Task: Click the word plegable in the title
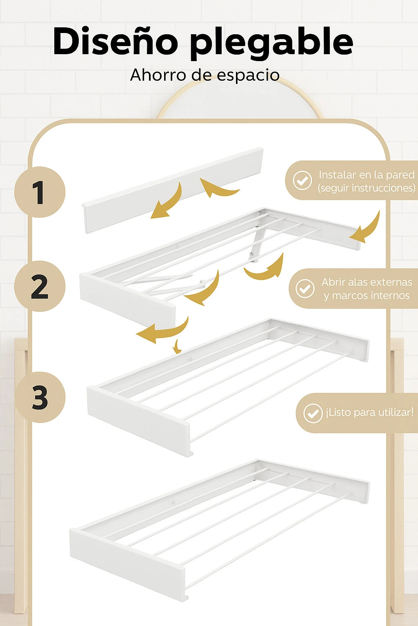pos(271,43)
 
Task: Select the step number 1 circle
pos(40,192)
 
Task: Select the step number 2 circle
pos(40,286)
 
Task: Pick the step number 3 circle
pos(40,397)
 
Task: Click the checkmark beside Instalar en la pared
pos(302,180)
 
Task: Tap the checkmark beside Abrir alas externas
pos(305,289)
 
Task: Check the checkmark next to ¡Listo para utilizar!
pos(313,413)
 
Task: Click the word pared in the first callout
pos(400,176)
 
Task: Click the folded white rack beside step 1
pos(173,190)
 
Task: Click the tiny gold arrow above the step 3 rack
pos(177,347)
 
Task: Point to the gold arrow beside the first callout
pos(367,228)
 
